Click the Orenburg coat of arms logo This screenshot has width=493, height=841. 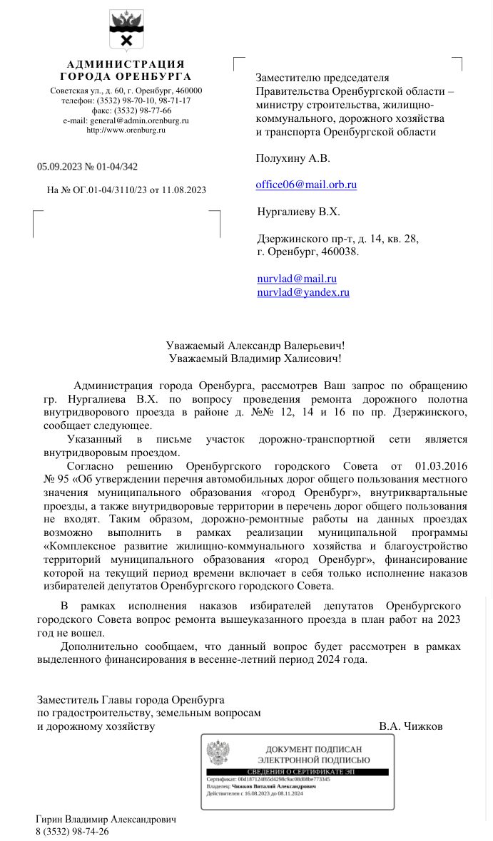(x=126, y=30)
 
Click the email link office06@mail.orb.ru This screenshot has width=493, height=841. (x=306, y=185)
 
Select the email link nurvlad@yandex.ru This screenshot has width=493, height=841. (x=303, y=292)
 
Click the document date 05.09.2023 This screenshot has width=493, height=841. (x=60, y=167)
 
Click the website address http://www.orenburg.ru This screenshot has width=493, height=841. (x=126, y=130)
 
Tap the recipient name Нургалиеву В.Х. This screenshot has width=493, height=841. (x=298, y=212)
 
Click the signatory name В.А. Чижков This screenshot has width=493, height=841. (x=411, y=726)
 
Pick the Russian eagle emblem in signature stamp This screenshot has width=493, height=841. (x=218, y=753)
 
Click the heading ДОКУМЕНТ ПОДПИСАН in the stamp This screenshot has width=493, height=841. (x=313, y=749)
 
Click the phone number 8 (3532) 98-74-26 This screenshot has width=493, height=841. (x=72, y=831)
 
